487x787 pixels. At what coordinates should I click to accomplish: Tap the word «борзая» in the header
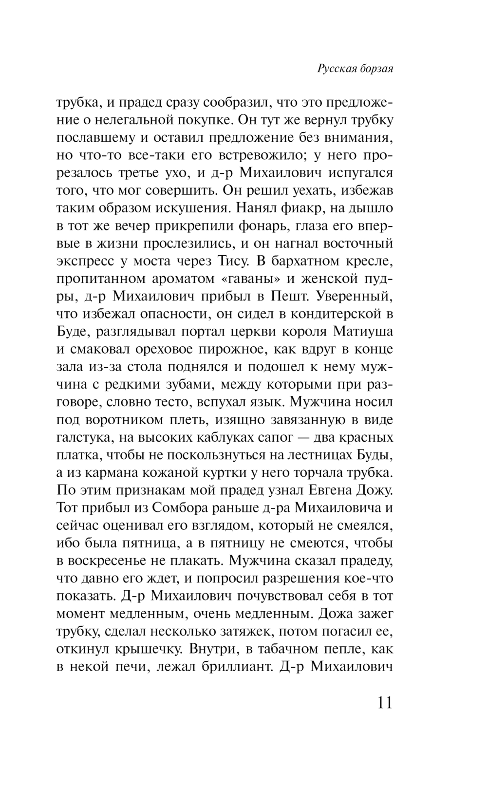(375, 69)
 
